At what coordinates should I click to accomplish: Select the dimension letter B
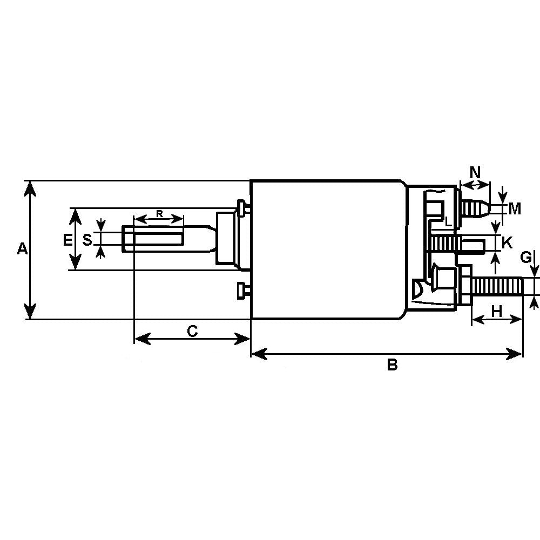pyautogui.click(x=392, y=365)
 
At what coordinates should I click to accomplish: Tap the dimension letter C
pyautogui.click(x=192, y=330)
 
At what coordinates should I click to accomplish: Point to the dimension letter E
pyautogui.click(x=67, y=240)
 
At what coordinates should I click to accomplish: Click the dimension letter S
pyautogui.click(x=87, y=239)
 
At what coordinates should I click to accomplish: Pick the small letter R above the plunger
pyautogui.click(x=159, y=213)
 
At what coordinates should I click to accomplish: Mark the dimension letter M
pyautogui.click(x=515, y=208)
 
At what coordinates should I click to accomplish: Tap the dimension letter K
pyautogui.click(x=507, y=242)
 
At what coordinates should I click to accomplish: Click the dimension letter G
pyautogui.click(x=525, y=258)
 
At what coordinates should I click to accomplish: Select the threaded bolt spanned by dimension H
pyautogui.click(x=497, y=286)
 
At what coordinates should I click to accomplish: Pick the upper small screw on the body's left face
pyautogui.click(x=242, y=207)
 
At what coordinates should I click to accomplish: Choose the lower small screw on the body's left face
pyautogui.click(x=242, y=290)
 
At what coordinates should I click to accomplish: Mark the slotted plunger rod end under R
pyautogui.click(x=154, y=238)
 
